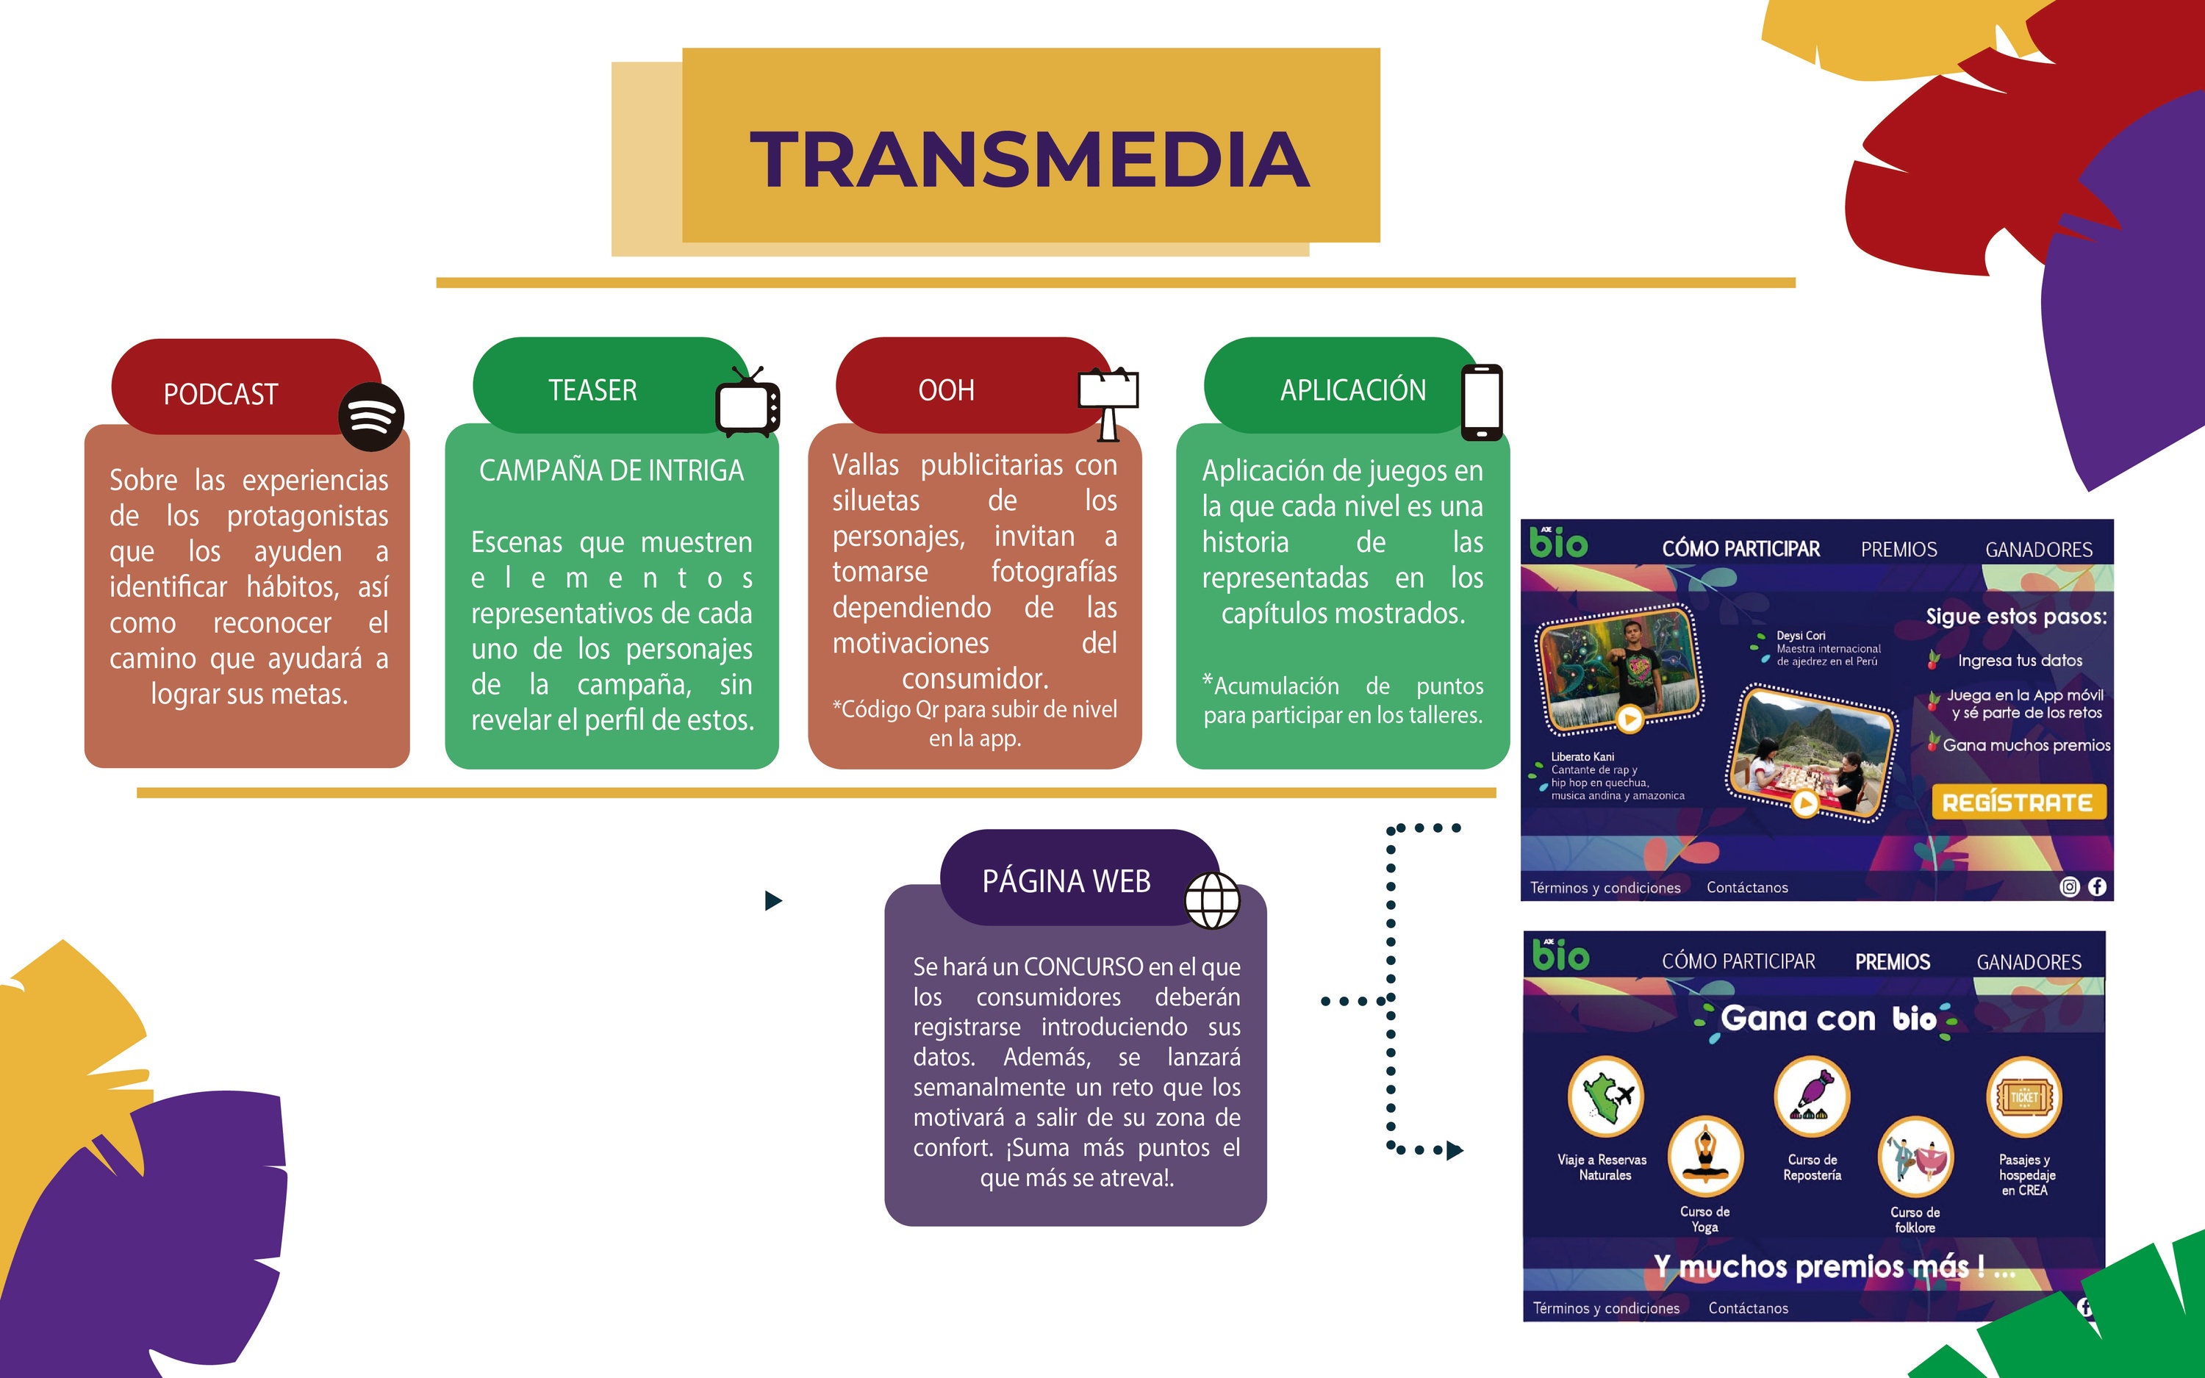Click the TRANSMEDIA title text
click(1030, 159)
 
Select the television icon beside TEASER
click(747, 402)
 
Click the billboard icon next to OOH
click(1108, 403)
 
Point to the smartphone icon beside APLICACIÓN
click(1482, 402)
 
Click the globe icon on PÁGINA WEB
click(1212, 900)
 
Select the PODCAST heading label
click(220, 395)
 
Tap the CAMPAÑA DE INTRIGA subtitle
click(612, 470)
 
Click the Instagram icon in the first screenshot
click(2069, 887)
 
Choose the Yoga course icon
click(1704, 1155)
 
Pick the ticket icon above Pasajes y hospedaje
click(2023, 1097)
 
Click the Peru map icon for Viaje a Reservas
click(1605, 1096)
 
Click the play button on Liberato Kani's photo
click(1630, 719)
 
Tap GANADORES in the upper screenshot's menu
click(2039, 550)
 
